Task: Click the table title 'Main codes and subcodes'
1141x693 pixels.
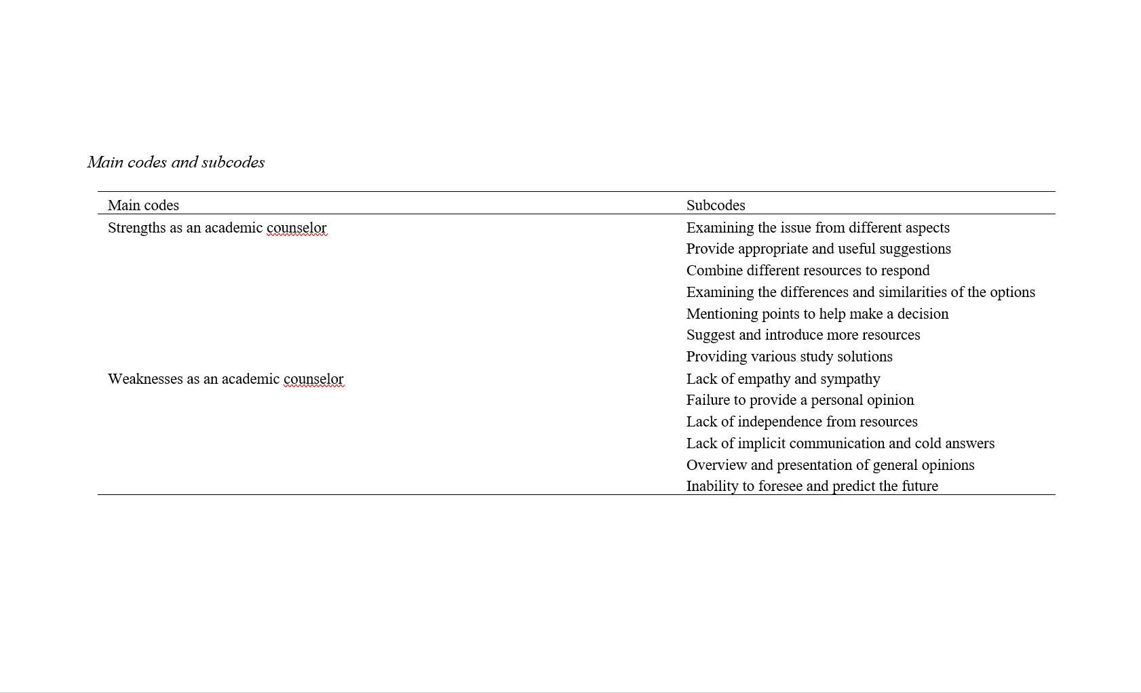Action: point(176,162)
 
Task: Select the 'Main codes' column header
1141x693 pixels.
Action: point(143,205)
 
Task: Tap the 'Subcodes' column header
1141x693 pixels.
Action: point(716,205)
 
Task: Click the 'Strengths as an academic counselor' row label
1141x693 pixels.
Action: point(217,228)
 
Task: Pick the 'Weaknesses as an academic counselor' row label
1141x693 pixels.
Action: point(225,379)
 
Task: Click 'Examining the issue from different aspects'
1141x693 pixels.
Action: point(817,228)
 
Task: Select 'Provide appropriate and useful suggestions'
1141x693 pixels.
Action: point(818,249)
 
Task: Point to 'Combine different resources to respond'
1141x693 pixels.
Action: point(807,271)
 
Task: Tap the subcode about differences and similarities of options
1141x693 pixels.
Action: point(860,292)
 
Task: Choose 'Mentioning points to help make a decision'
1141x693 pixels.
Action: point(817,314)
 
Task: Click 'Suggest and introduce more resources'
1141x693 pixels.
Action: point(802,335)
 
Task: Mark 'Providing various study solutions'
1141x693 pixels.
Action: point(789,357)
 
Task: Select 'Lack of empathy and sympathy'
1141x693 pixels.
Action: point(783,379)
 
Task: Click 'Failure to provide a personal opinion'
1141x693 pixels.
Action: point(800,400)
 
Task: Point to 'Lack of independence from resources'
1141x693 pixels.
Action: point(801,422)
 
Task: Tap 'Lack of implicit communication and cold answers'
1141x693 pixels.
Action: point(840,443)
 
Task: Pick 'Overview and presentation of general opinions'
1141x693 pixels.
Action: point(830,465)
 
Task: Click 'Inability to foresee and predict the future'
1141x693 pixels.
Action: point(811,486)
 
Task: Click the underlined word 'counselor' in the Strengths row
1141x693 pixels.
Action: point(296,228)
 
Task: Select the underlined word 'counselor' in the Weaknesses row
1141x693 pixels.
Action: point(313,379)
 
